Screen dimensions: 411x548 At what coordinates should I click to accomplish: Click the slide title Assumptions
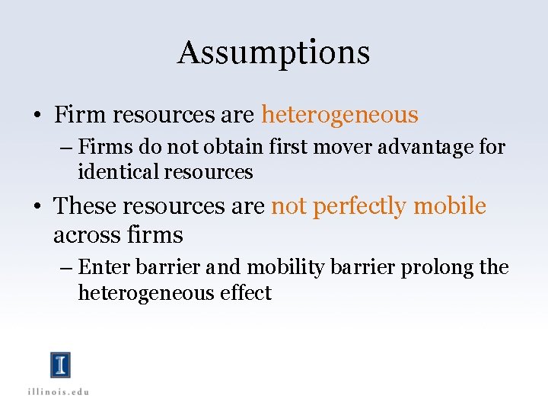tap(273, 53)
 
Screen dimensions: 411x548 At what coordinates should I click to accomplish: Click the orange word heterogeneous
tap(339, 115)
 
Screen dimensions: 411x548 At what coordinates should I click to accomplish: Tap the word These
tap(85, 206)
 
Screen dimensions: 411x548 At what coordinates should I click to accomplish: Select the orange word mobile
tap(449, 206)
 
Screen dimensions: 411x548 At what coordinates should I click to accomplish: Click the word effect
tap(247, 293)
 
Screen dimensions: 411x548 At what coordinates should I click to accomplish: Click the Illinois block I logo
tap(61, 365)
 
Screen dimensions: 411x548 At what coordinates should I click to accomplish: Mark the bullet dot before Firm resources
tap(37, 116)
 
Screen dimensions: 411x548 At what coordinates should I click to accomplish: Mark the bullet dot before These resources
tap(37, 208)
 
